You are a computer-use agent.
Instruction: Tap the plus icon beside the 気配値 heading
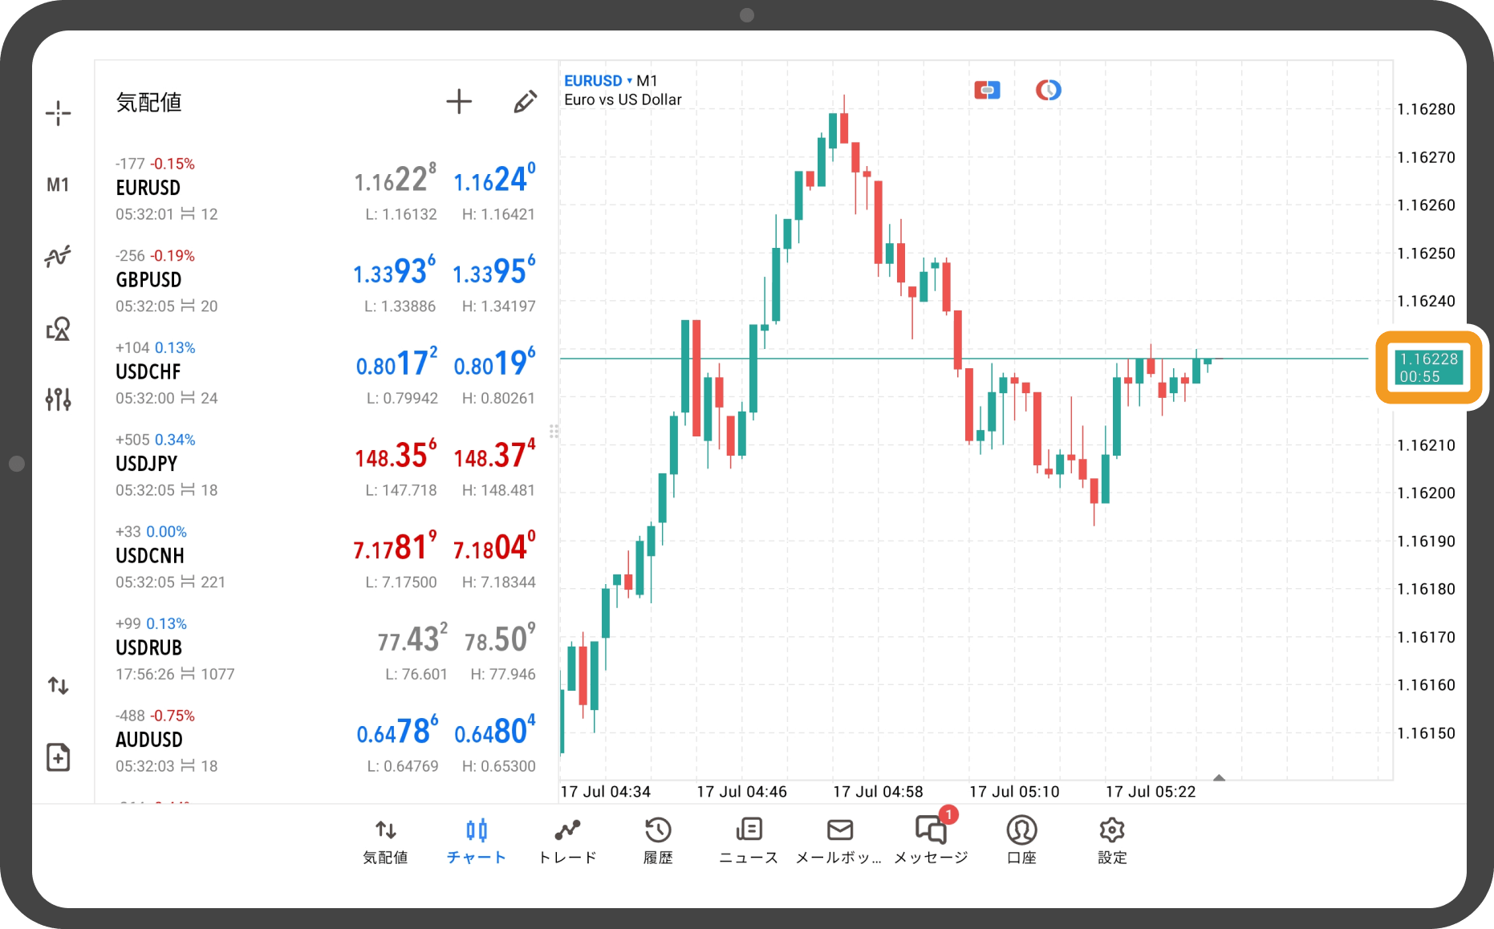[459, 102]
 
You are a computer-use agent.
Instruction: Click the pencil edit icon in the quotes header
[525, 102]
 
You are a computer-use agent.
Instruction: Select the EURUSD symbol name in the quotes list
[148, 188]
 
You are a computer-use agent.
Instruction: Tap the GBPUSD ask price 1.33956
[493, 272]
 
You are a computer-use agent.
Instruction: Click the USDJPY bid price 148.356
[396, 456]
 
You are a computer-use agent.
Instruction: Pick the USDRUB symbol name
[149, 647]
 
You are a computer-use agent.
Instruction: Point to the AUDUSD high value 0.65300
[498, 766]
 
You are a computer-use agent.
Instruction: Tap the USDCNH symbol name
[150, 555]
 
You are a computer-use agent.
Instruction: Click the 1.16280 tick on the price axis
[1426, 110]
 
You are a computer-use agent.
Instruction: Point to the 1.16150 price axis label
[1426, 733]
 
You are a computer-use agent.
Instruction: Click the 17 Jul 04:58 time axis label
[878, 792]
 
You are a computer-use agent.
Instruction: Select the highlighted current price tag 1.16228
[1428, 367]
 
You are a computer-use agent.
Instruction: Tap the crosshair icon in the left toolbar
[58, 113]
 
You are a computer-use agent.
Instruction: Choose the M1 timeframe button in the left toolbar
[58, 185]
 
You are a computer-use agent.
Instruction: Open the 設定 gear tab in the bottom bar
[1112, 840]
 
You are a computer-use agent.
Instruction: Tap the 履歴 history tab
[658, 840]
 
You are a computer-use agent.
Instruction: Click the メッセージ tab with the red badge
[931, 840]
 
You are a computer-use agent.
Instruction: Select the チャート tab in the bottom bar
[477, 840]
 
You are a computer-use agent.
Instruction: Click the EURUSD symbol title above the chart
[594, 81]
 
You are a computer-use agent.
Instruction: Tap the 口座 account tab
[1021, 840]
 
